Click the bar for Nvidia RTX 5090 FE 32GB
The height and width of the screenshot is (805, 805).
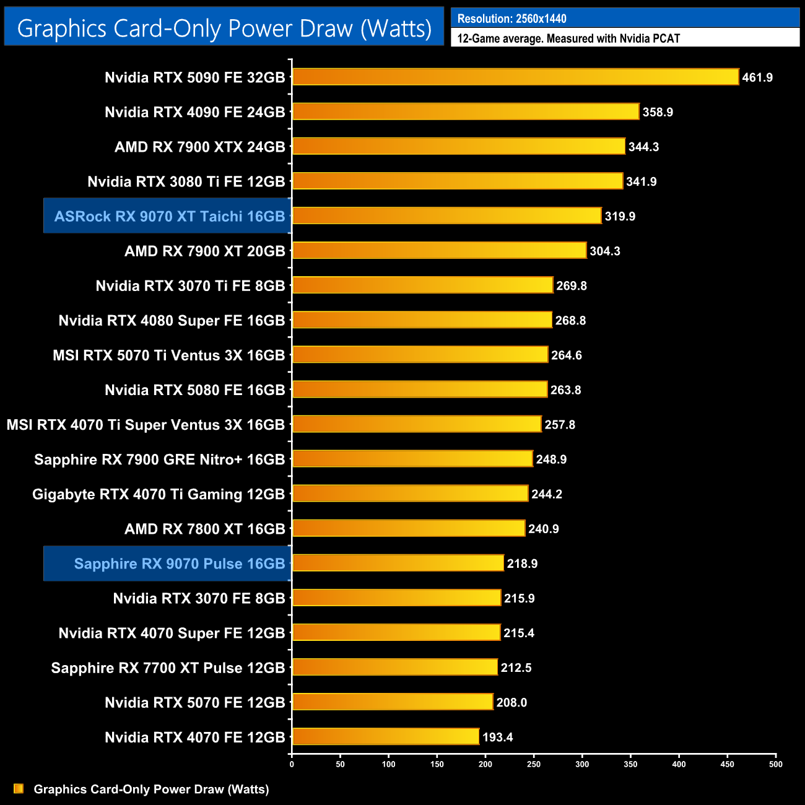click(515, 77)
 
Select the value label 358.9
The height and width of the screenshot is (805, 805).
click(658, 112)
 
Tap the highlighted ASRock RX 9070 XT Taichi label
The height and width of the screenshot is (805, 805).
click(169, 216)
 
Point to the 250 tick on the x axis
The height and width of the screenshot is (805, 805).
click(534, 764)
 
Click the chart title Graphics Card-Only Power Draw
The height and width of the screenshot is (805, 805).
click(224, 28)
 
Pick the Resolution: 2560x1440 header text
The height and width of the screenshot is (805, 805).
click(512, 19)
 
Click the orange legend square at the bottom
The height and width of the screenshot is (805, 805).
click(19, 788)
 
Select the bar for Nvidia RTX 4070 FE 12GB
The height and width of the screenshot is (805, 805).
click(385, 737)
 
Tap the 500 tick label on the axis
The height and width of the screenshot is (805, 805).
click(775, 764)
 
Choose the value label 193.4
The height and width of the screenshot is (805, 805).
click(497, 737)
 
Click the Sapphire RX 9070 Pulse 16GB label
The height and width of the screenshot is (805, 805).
click(179, 563)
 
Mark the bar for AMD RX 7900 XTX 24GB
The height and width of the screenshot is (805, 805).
click(458, 146)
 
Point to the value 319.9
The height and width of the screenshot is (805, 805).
click(620, 216)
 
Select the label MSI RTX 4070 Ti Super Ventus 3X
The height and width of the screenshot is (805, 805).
click(146, 425)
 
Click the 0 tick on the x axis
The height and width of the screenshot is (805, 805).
click(292, 764)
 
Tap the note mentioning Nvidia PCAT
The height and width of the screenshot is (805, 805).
click(568, 38)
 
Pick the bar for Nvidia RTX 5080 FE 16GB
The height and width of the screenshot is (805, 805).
click(419, 389)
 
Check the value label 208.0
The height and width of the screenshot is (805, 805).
click(511, 702)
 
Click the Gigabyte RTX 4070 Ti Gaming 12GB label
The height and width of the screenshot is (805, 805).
click(159, 494)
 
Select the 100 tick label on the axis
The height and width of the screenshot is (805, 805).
click(388, 764)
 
